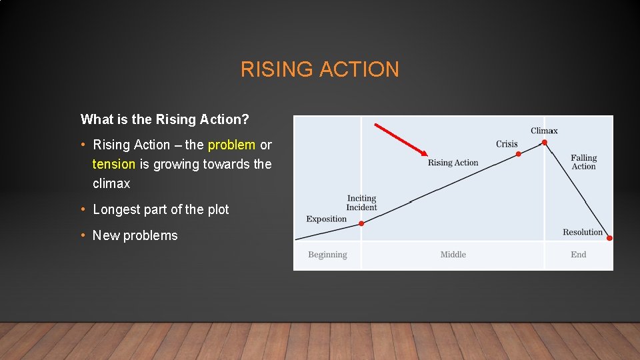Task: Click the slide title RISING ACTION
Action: pos(320,69)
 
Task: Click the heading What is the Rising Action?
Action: pos(165,119)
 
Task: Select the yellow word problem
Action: pos(231,145)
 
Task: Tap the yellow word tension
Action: pos(113,164)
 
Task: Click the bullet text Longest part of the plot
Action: pos(161,209)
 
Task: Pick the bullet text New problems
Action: pos(135,235)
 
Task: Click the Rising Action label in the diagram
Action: pos(453,163)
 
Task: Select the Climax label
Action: pos(544,131)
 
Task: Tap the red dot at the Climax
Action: pos(545,142)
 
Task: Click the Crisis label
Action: pos(507,144)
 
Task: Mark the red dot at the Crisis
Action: pos(519,154)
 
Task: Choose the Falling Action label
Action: pos(583,162)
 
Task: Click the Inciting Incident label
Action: pos(361,203)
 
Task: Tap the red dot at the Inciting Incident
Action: pos(361,223)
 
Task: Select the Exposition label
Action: pos(327,219)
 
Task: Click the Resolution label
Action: pos(582,232)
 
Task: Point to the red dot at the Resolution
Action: pos(609,238)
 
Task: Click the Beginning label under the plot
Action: pos(327,255)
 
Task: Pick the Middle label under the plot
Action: pos(453,255)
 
